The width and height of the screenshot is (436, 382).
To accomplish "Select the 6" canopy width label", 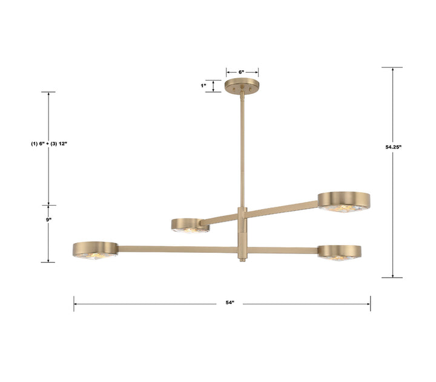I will point(242,72).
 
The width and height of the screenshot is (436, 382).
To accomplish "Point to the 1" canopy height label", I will point(203,85).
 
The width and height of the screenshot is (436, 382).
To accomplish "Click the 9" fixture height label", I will point(48,219).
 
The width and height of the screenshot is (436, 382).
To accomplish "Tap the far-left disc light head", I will point(95,249).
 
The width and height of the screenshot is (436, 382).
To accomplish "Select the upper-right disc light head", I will point(344,201).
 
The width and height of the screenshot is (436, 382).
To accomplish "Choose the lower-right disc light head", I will point(340,252).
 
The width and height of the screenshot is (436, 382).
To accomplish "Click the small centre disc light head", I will point(190,226).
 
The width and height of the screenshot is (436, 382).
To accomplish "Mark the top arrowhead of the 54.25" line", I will point(392,70).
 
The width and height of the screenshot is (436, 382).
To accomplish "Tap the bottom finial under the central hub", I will point(242,259).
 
